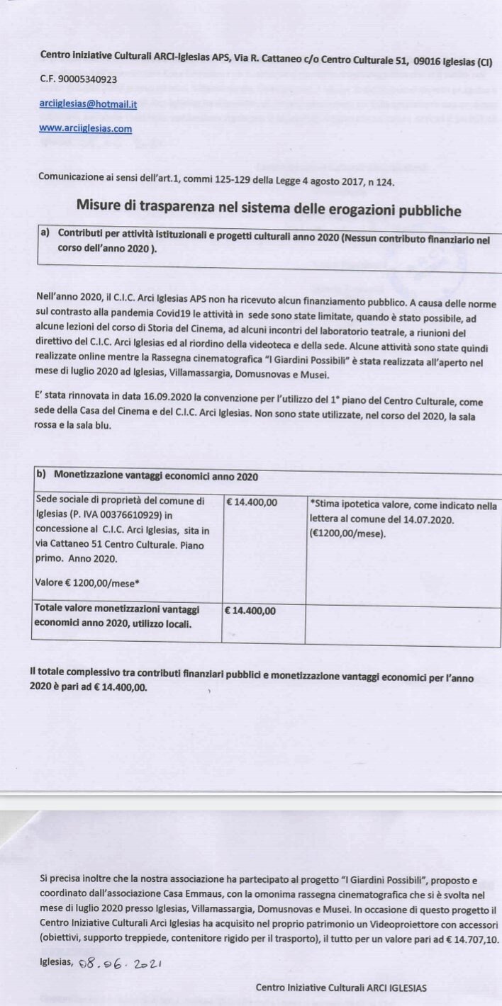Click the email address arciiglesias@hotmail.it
(89, 103)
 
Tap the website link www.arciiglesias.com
(85, 128)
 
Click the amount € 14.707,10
(469, 939)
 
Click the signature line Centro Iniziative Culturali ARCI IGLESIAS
(341, 988)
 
